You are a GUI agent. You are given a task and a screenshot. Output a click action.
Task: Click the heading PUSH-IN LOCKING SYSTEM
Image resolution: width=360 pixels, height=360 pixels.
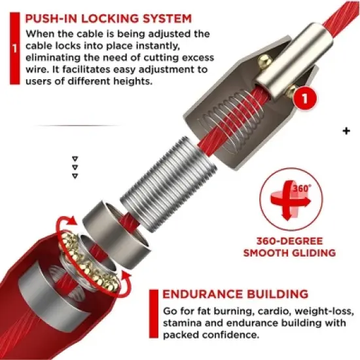(107, 18)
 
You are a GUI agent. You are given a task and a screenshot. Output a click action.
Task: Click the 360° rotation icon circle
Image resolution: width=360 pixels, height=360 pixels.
(283, 194)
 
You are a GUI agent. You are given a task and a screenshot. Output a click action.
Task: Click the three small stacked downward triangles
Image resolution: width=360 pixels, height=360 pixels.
(75, 167)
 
